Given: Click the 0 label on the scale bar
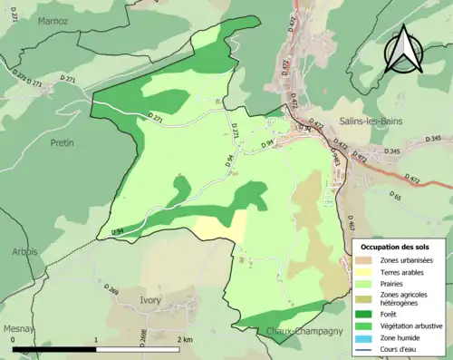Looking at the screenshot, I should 13,339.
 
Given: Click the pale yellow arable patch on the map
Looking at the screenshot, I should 217,227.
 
